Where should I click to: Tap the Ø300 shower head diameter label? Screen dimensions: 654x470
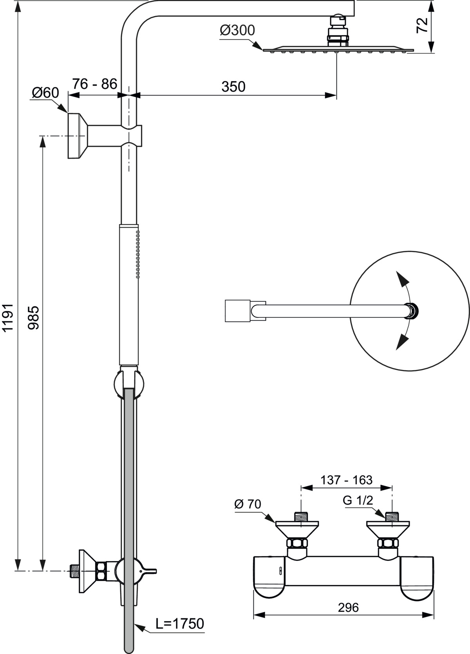point(237,31)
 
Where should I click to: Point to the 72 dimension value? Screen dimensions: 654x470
point(422,25)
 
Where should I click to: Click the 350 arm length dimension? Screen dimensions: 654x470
point(233,87)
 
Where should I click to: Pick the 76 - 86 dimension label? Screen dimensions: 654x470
point(94,84)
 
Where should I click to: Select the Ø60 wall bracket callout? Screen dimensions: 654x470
point(45,93)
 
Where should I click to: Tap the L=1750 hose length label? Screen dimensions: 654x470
point(180,623)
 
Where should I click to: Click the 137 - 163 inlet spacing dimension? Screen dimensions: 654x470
point(346,480)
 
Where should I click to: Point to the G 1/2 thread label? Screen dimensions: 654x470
point(358,500)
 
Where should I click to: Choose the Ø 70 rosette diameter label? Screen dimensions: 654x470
point(248,504)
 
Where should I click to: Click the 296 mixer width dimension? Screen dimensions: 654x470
point(348,607)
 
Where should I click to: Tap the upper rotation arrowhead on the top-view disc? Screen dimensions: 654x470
point(401,280)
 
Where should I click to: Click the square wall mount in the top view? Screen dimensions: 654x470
point(237,311)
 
